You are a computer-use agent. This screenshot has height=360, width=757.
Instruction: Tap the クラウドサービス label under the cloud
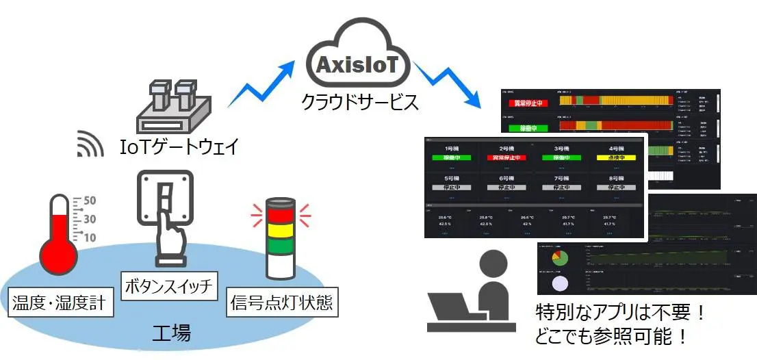(360, 102)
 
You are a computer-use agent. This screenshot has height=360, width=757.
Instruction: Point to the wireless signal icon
(89, 144)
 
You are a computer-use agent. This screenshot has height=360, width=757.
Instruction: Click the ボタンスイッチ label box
(168, 285)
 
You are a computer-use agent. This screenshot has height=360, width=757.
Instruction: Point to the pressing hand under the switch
(167, 240)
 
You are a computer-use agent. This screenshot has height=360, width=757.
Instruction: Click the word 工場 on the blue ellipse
(170, 335)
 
